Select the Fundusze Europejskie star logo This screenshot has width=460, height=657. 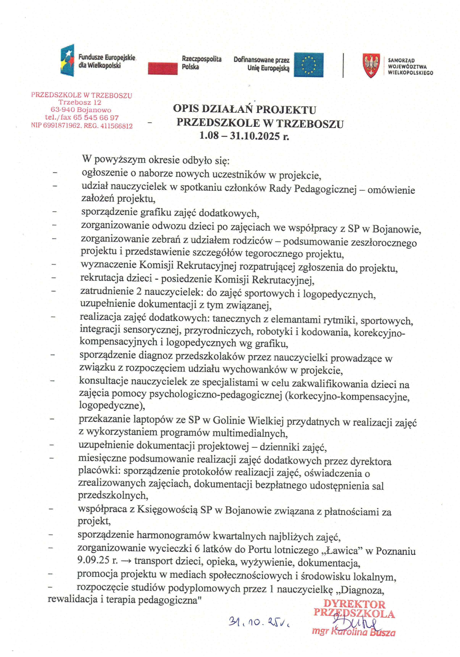(67, 60)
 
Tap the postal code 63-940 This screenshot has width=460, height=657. (63, 110)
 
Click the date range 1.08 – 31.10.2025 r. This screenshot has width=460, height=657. (244, 136)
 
